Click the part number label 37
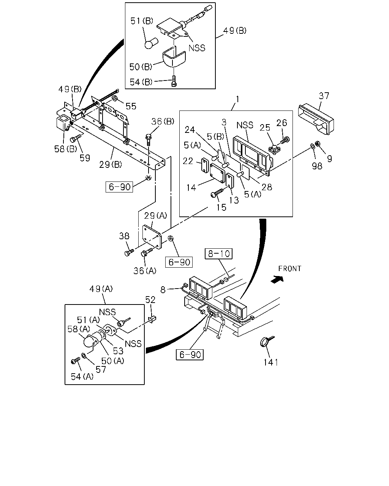(324, 96)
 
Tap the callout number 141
(271, 362)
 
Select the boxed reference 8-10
(218, 254)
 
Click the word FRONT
(290, 268)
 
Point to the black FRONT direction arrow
(277, 279)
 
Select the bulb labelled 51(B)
(151, 43)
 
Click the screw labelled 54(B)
(174, 81)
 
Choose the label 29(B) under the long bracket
(111, 165)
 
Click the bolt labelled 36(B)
(148, 140)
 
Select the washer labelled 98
(313, 146)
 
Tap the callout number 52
(150, 300)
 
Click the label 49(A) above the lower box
(101, 289)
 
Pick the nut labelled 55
(115, 98)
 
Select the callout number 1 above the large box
(237, 99)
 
